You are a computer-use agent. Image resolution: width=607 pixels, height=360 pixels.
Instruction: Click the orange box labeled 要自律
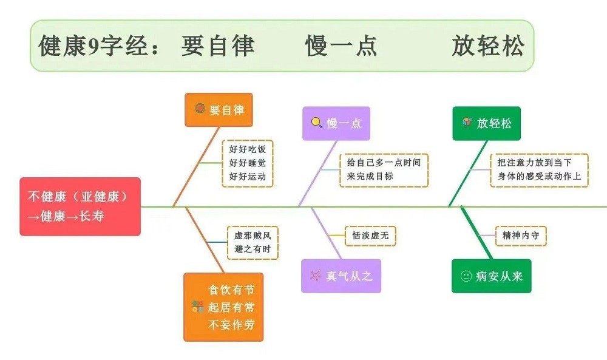[219, 110]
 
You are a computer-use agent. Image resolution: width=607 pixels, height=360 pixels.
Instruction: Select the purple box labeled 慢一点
[336, 123]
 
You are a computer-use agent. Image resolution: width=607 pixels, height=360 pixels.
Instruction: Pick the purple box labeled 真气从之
[341, 276]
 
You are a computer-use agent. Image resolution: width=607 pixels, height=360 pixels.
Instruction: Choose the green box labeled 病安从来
[491, 276]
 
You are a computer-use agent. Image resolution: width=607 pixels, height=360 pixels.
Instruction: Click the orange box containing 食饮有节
[223, 307]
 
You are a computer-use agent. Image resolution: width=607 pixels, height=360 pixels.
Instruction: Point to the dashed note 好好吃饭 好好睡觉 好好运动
[247, 163]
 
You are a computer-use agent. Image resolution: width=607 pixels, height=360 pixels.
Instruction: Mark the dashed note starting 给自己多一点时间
[384, 170]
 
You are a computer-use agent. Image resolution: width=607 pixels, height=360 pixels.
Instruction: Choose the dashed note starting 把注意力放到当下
[539, 170]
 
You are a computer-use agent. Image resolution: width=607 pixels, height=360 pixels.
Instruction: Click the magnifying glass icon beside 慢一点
[317, 123]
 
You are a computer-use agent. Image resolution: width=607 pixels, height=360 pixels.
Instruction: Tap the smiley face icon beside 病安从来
[466, 276]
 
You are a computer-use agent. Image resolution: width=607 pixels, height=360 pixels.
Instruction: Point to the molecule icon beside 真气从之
[316, 276]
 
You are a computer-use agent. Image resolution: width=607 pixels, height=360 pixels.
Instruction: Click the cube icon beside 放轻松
[467, 123]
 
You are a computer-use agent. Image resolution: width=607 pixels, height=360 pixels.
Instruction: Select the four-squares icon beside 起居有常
[198, 307]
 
